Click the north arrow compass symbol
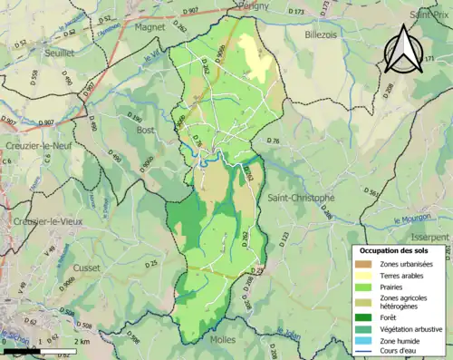405,49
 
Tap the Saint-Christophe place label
302,198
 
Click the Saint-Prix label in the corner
429,15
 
